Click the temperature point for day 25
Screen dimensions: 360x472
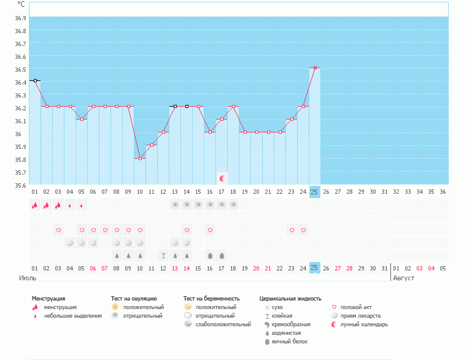pos(315,68)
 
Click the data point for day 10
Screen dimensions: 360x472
pos(140,158)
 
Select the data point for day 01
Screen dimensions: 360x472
pos(35,80)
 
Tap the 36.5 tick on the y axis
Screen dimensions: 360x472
pos(20,69)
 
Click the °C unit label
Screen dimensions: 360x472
pos(21,4)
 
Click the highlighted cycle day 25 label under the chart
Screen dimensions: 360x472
pos(314,191)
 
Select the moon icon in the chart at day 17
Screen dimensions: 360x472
pos(222,178)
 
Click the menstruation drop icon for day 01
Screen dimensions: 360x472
pos(35,205)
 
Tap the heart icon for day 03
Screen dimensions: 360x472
pos(58,231)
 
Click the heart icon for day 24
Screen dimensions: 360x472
pos(303,231)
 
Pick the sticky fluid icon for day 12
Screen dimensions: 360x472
pos(163,255)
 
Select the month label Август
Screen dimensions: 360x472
pos(404,278)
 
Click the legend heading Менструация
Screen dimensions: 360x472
pos(48,298)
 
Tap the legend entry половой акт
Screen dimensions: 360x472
pos(356,307)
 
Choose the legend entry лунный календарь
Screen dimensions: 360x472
pos(364,324)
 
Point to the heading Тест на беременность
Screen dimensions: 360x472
pos(211,298)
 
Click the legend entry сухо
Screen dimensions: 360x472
pos(277,307)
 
